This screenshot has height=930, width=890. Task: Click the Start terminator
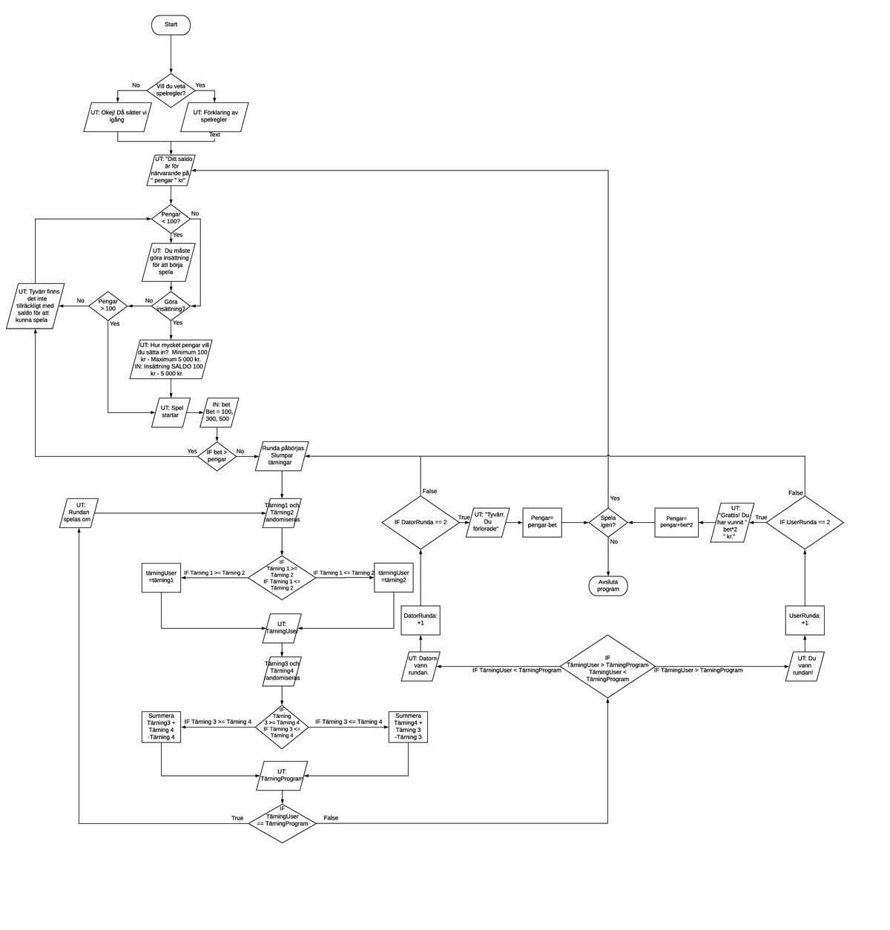pos(171,24)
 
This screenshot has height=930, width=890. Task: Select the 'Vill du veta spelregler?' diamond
pos(171,90)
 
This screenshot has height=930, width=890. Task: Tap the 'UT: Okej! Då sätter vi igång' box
pos(117,117)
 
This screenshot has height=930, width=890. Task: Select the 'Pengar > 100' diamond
pos(108,306)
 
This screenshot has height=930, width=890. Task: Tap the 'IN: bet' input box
pos(220,412)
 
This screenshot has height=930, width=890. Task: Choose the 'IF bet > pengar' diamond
pos(217,456)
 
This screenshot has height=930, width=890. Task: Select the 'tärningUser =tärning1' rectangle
pos(161,577)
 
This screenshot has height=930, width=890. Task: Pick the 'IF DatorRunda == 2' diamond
pos(421,522)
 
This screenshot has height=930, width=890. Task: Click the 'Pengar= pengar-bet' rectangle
pos(543,523)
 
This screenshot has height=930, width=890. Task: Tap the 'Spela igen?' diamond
pos(608,522)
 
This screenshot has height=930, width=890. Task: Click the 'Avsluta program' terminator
pos(608,586)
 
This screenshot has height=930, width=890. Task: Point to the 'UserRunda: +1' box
pos(805,619)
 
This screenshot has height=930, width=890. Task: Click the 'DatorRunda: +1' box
pos(421,619)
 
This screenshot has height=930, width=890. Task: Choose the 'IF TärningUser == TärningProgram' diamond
pos(282,819)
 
